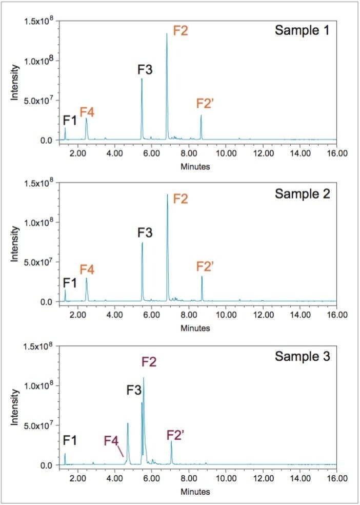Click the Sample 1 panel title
point(302,30)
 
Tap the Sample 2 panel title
point(302,194)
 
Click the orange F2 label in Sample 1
point(181,30)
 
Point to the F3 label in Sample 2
point(145,232)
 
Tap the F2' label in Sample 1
point(205,103)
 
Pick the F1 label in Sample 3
point(70,440)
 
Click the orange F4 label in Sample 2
point(87,269)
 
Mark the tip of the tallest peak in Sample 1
point(167,34)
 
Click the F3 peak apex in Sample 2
point(142,243)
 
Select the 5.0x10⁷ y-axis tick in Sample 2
point(39,262)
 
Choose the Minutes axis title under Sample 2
point(195,328)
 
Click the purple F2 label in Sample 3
point(149,362)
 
